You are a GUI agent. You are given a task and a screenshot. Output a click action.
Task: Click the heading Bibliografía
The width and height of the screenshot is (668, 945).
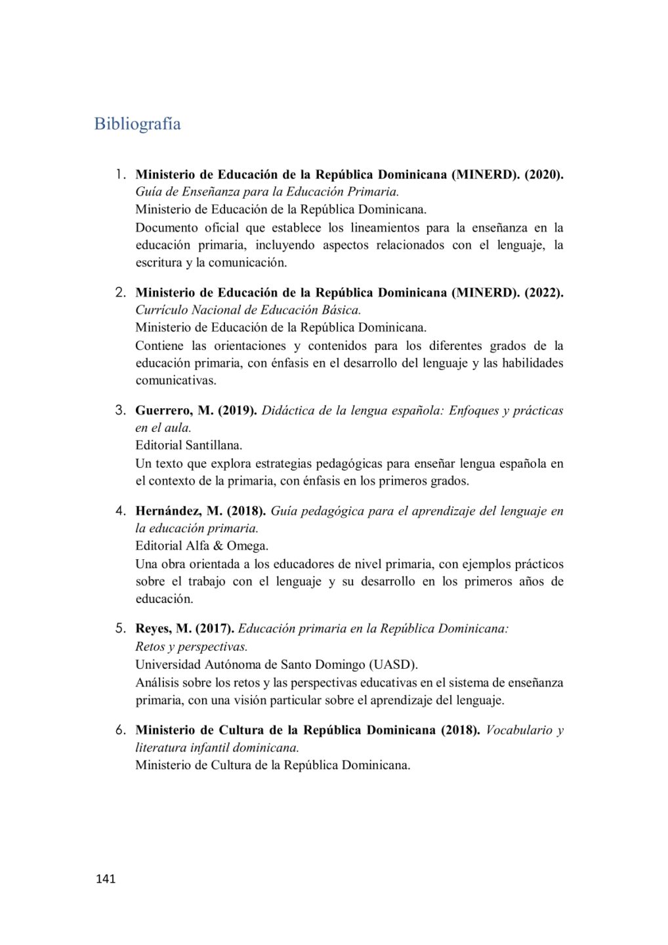[x=137, y=124]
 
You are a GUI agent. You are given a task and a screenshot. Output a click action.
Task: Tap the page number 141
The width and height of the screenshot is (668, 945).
[x=106, y=879]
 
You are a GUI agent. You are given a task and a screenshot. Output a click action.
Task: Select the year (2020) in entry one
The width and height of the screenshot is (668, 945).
[x=543, y=175]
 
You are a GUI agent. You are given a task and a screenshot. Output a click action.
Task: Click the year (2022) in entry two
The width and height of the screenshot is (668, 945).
[x=543, y=293]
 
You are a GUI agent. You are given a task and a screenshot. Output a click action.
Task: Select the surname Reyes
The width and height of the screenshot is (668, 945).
[x=154, y=629]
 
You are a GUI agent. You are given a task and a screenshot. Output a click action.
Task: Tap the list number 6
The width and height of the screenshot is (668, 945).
[x=120, y=730]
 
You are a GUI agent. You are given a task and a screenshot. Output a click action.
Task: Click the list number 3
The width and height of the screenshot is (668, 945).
[x=120, y=411]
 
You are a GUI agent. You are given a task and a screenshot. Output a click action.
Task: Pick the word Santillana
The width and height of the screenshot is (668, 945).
[x=213, y=445]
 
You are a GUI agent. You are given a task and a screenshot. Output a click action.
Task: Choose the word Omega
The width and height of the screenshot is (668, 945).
[x=247, y=546]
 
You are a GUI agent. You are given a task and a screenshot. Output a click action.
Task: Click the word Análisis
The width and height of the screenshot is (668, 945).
[x=157, y=682]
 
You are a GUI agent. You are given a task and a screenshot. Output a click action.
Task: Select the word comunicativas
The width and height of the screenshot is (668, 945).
[x=175, y=381]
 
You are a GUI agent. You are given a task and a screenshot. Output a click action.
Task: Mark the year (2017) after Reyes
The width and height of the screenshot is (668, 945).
[x=215, y=629]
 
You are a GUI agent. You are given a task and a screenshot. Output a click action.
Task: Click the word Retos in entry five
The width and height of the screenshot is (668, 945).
[x=150, y=646]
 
